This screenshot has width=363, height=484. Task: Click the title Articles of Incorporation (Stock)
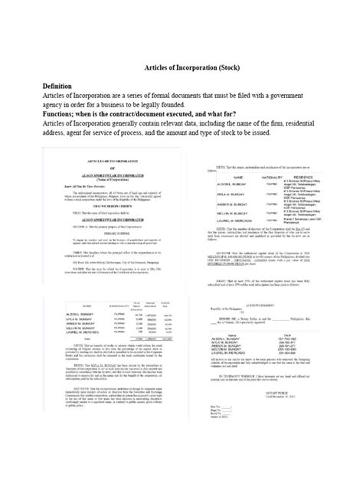[181, 67]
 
